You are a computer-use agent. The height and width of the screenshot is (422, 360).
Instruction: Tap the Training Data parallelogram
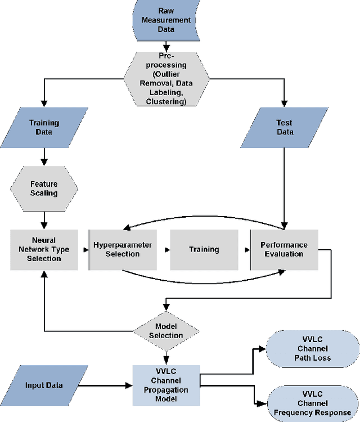(x=44, y=128)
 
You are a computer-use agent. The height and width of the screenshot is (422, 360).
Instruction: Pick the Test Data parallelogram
(x=285, y=128)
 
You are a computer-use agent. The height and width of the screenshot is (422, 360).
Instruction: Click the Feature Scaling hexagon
(x=44, y=188)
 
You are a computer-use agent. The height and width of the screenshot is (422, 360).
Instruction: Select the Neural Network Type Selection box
(x=44, y=250)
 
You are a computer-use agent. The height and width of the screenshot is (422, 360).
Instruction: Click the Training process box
(x=203, y=250)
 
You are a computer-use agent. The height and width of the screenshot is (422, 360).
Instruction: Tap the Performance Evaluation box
(x=284, y=250)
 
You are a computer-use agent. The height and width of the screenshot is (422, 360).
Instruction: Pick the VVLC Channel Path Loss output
(x=310, y=349)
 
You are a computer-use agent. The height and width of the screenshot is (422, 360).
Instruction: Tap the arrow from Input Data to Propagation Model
(x=107, y=386)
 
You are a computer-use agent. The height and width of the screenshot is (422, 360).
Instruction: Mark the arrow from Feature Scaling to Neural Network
(x=44, y=217)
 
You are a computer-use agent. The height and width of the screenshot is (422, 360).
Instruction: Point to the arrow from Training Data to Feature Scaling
(x=44, y=156)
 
